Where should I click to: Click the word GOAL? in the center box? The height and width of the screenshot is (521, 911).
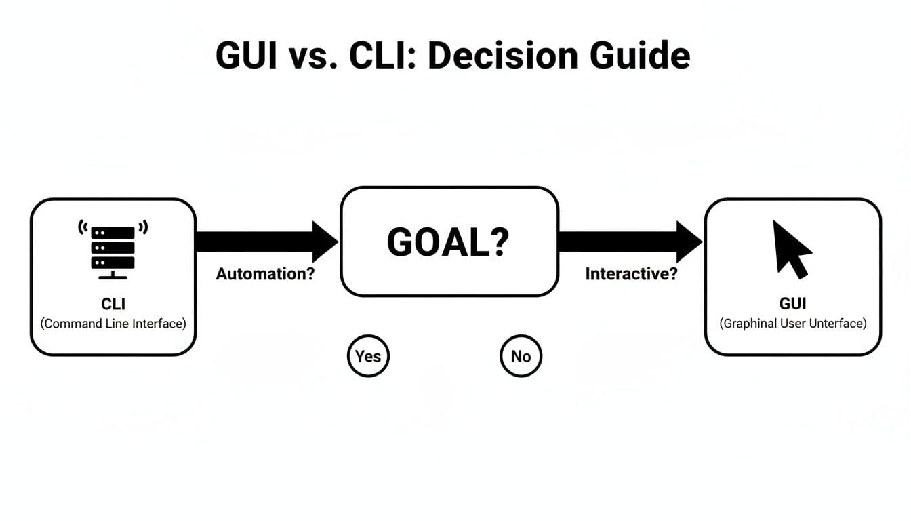pyautogui.click(x=447, y=242)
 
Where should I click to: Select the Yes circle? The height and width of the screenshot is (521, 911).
pyautogui.click(x=368, y=355)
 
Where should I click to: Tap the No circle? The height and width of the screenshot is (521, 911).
pyautogui.click(x=521, y=355)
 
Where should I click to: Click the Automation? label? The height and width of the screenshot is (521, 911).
pyautogui.click(x=265, y=274)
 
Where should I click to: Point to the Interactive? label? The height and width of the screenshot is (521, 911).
pyautogui.click(x=631, y=274)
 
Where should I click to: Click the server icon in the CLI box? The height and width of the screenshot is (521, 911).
pyautogui.click(x=113, y=248)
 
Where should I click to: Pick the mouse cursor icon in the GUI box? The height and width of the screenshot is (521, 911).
pyautogui.click(x=792, y=248)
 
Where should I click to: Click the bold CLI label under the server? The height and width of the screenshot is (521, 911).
pyautogui.click(x=113, y=304)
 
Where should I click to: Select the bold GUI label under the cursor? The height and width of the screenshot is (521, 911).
pyautogui.click(x=792, y=304)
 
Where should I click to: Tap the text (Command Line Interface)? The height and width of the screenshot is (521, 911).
pyautogui.click(x=113, y=324)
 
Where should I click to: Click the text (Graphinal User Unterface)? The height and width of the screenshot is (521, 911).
pyautogui.click(x=792, y=324)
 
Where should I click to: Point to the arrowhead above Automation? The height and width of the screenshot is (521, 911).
pyautogui.click(x=324, y=241)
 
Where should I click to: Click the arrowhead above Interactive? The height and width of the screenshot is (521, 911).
pyautogui.click(x=689, y=241)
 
